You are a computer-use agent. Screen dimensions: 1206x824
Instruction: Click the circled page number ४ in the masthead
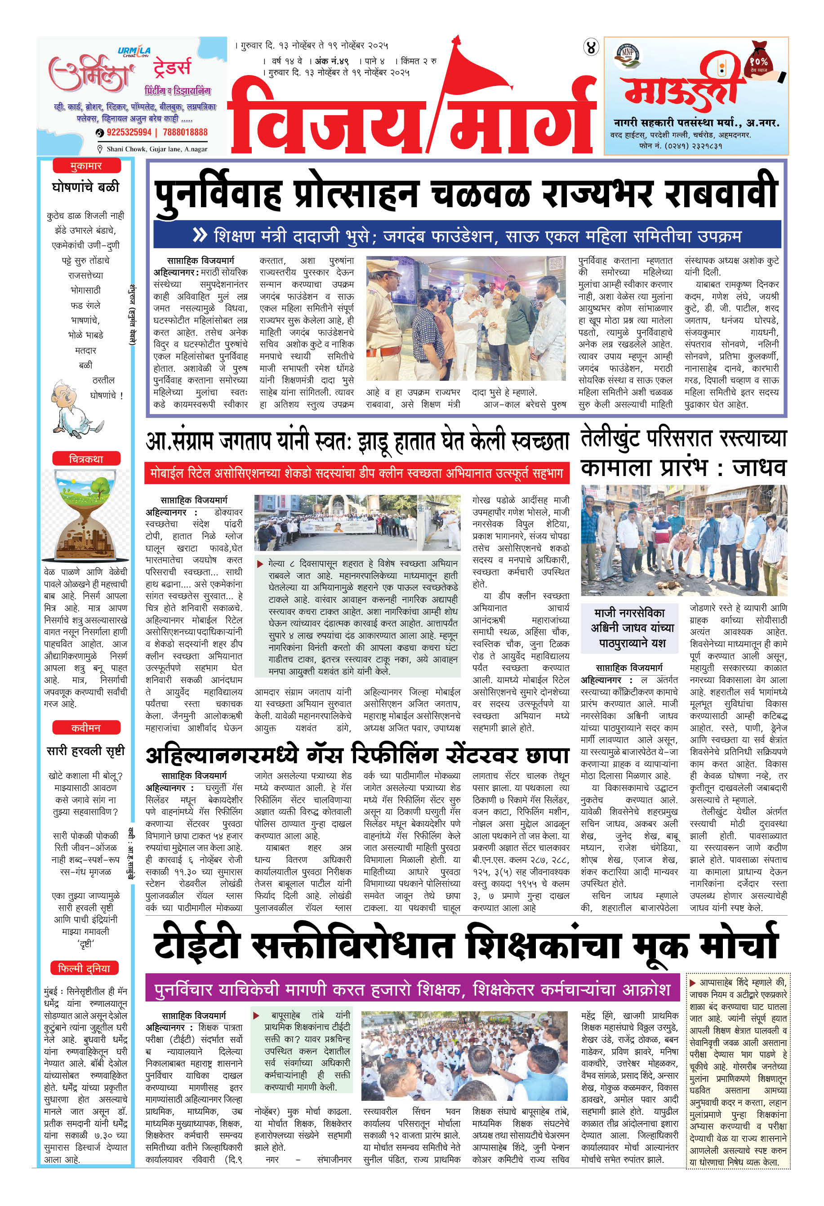(x=591, y=48)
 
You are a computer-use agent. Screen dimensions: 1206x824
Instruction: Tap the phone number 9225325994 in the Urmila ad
(x=129, y=132)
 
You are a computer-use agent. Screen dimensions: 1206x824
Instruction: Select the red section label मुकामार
(x=86, y=166)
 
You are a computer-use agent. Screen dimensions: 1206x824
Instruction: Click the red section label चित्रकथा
(x=86, y=459)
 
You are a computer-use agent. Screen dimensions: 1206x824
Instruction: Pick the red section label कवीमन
(x=86, y=728)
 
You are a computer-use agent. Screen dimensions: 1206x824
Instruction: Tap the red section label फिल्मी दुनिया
(x=85, y=968)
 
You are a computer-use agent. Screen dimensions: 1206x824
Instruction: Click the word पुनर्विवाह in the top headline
(x=218, y=193)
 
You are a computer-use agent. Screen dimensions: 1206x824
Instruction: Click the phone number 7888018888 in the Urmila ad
(x=185, y=132)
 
